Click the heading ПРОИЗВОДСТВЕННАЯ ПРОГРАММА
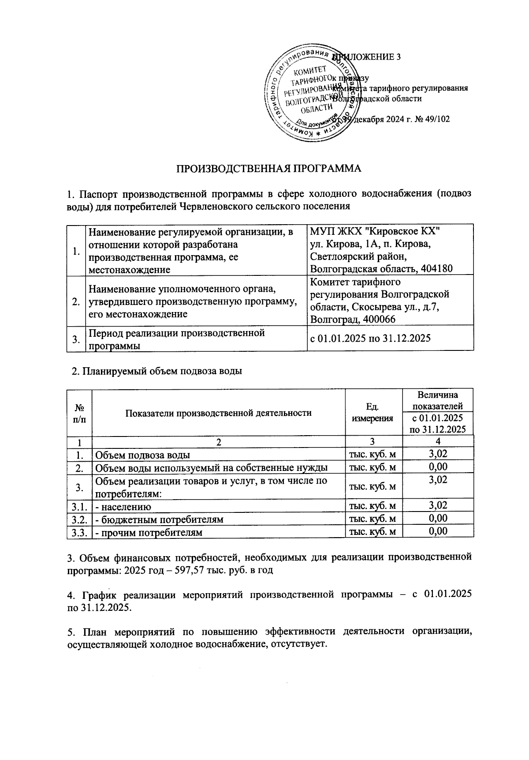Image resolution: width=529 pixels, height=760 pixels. (269, 169)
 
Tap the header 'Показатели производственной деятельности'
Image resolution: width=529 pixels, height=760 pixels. (218, 413)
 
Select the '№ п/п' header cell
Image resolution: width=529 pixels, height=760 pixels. (79, 413)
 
